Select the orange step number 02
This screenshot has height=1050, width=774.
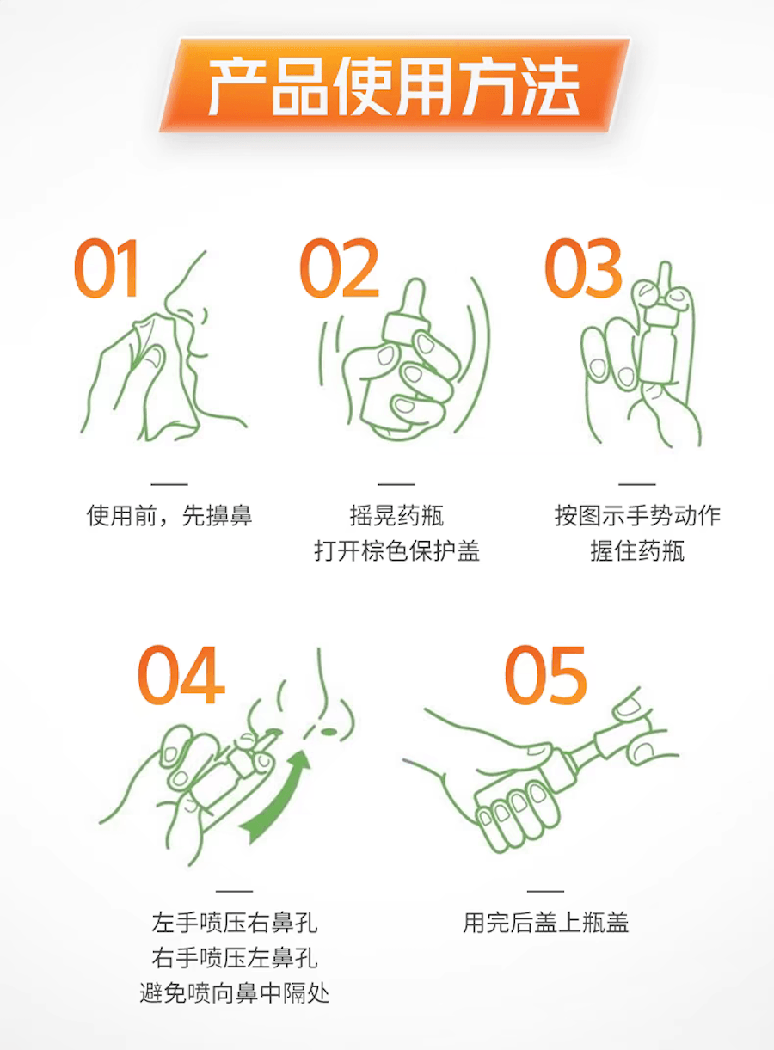coord(340,269)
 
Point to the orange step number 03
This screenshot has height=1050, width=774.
coord(584,269)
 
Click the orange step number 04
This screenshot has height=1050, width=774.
coord(181,675)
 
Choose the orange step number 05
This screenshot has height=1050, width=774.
coord(546,675)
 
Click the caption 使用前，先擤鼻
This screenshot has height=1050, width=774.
coord(169,516)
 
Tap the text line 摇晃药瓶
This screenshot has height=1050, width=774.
coord(396,516)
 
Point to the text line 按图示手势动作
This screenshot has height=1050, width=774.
coord(637,516)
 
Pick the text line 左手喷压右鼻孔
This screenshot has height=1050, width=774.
coord(234,924)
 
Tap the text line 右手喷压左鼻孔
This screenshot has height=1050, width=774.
coord(234,959)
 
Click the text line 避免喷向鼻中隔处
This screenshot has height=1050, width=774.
coord(234,994)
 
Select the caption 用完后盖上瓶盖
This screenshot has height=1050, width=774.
coord(546,924)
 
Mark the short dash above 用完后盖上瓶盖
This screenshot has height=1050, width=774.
coord(545,891)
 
